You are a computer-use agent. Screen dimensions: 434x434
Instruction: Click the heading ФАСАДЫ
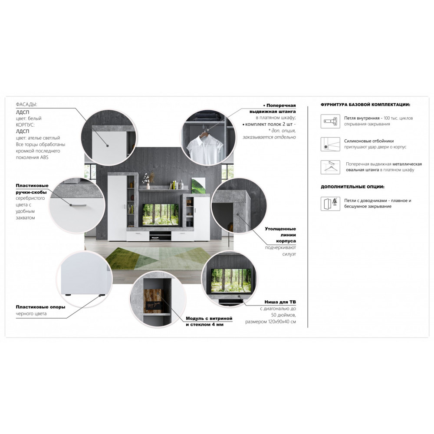(26, 104)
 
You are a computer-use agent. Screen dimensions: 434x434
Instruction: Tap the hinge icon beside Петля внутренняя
(330, 121)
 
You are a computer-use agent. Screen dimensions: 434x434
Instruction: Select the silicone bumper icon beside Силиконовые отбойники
(330, 144)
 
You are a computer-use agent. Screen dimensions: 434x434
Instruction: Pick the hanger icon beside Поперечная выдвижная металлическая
(330, 167)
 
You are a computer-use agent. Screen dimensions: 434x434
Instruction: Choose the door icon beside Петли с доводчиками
(330, 204)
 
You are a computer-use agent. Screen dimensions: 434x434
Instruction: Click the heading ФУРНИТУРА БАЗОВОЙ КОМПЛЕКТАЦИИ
(365, 105)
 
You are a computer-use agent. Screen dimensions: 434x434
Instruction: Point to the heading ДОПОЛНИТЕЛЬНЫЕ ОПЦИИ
(352, 187)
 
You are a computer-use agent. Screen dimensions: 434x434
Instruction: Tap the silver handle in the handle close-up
(78, 205)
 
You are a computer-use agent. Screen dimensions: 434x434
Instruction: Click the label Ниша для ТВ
(280, 302)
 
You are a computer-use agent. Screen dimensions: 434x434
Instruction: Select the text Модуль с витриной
(209, 318)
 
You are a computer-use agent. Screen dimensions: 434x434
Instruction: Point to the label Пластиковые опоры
(40, 307)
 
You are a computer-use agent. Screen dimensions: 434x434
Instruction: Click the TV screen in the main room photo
(160, 214)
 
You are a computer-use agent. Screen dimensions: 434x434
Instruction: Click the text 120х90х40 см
(282, 322)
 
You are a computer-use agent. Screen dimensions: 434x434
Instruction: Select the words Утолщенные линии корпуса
(280, 235)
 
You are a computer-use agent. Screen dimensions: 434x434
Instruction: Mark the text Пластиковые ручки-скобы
(32, 189)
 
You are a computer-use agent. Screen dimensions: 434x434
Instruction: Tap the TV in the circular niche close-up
(231, 280)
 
